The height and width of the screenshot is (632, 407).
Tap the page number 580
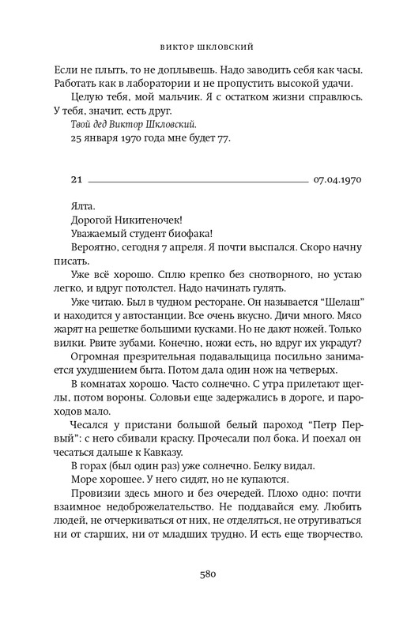point(203,575)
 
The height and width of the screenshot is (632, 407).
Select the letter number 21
point(76,180)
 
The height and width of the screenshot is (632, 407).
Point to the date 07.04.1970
point(337,180)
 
